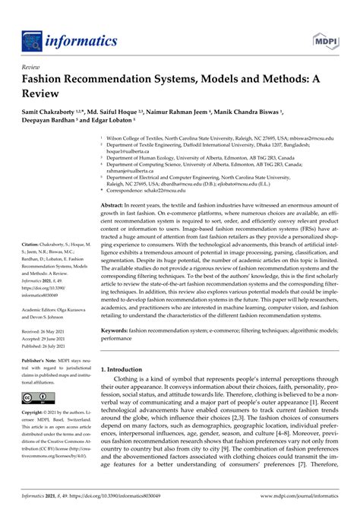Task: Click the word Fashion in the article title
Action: click(x=49, y=79)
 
